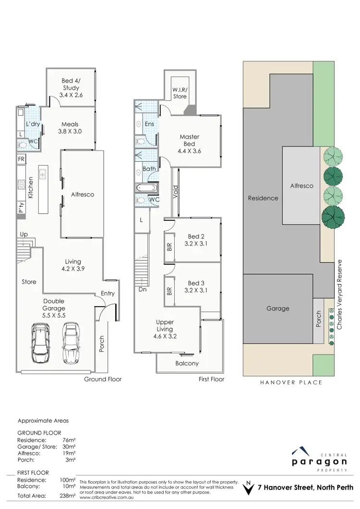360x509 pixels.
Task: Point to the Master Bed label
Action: [189, 140]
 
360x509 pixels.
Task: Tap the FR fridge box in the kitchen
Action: [22, 159]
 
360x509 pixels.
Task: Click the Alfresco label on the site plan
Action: [301, 186]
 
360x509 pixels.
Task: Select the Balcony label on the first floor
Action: [187, 363]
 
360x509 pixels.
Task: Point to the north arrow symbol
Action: [248, 488]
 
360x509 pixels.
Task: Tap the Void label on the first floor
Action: [176, 192]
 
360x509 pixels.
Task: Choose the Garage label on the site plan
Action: [278, 308]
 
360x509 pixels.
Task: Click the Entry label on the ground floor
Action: [108, 293]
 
